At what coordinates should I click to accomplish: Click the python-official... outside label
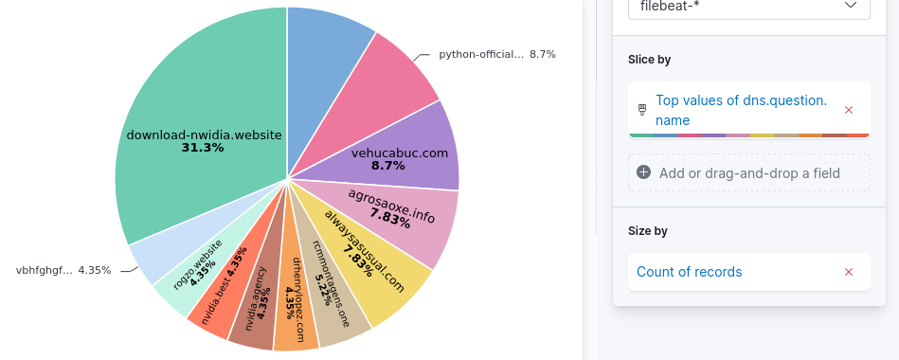pyautogui.click(x=481, y=54)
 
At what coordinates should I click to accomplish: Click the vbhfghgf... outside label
pyautogui.click(x=45, y=270)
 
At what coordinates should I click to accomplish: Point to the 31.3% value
pyautogui.click(x=203, y=148)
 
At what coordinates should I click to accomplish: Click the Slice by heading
pyautogui.click(x=649, y=60)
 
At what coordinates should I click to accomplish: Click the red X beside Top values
pyautogui.click(x=849, y=110)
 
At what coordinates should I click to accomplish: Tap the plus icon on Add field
pyautogui.click(x=644, y=172)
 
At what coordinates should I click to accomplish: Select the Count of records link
pyautogui.click(x=689, y=272)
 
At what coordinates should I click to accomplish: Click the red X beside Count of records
pyautogui.click(x=849, y=272)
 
